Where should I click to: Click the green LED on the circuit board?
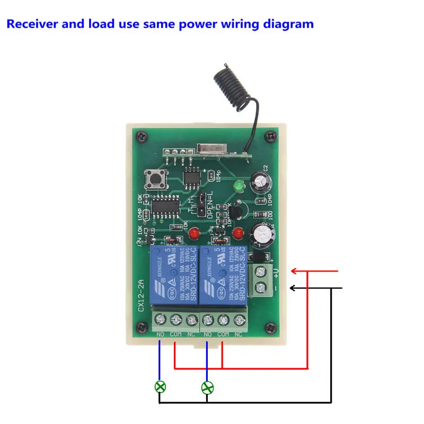[237, 186]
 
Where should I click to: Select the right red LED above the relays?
[237, 232]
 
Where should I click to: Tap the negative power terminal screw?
[260, 289]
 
